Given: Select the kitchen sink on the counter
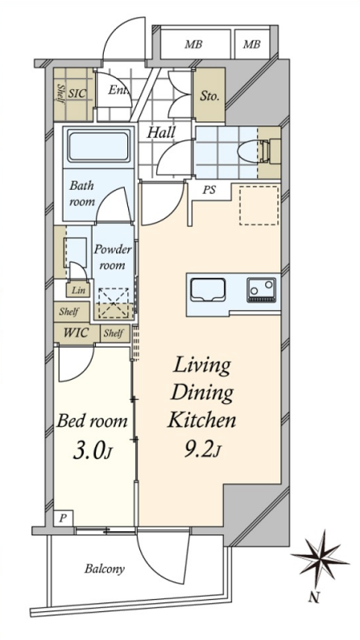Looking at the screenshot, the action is [208, 290].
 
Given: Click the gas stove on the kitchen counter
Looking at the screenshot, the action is [261, 290].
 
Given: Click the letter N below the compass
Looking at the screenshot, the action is [313, 598].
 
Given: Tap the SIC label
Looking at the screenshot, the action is [77, 93].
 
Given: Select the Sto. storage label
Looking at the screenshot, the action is [209, 97].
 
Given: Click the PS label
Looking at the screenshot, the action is [209, 190].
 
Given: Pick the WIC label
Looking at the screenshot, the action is [76, 332].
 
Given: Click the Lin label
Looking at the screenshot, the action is [78, 290].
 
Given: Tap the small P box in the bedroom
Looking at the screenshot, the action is [64, 518].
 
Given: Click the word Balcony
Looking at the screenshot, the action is [105, 569].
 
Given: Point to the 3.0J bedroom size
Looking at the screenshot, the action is [92, 452].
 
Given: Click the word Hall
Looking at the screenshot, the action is [161, 132].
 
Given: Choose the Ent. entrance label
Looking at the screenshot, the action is [118, 90].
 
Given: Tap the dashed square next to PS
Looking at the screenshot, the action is [259, 206].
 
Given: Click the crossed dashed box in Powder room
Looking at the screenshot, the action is [114, 303].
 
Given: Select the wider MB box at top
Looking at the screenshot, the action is [195, 44].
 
